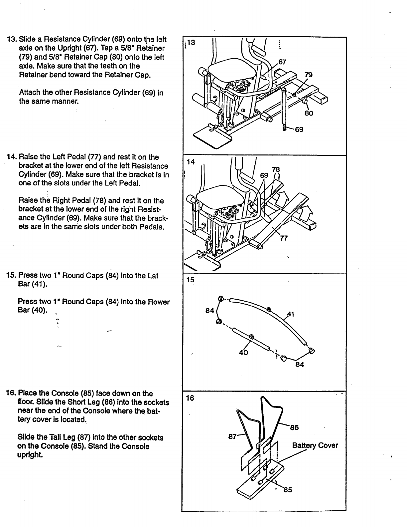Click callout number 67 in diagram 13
coord(282,62)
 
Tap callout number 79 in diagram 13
coord(309,75)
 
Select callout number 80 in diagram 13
coord(309,113)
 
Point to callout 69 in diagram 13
coord(299,130)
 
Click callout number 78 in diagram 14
coord(276,169)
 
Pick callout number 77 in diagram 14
coord(284,238)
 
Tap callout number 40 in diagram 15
coord(243,352)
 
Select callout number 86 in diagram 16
coord(294,427)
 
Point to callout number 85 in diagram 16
coord(288,489)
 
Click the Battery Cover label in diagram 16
coord(315,445)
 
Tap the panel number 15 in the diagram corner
coord(191,280)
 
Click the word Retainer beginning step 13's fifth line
coord(34,75)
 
